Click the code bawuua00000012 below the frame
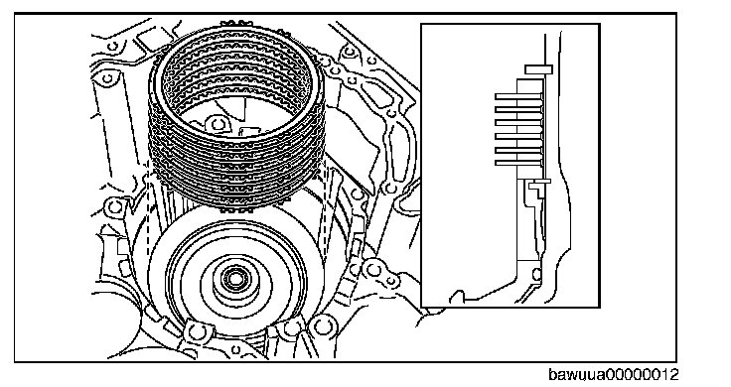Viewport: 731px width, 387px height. tap(614, 375)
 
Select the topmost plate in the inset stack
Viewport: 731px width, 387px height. tap(518, 96)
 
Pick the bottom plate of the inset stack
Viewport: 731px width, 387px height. tap(518, 163)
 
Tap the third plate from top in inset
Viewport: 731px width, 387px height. tap(518, 123)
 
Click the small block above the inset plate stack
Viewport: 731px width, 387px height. tap(539, 69)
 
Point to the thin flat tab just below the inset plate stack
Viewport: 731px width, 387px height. tap(540, 182)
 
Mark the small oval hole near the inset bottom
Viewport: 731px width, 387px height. tap(536, 274)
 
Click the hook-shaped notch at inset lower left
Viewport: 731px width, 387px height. tap(457, 297)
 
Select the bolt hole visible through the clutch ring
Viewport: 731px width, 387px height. tap(218, 124)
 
